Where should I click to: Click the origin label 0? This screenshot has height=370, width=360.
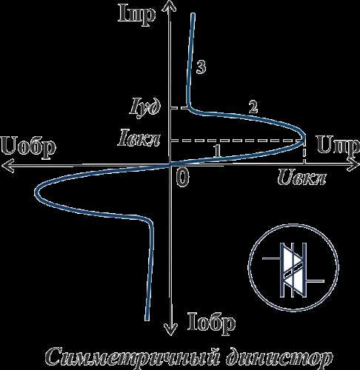click(183, 178)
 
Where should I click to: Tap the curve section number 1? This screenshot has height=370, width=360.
click(217, 150)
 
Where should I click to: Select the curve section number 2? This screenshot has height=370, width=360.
click(253, 107)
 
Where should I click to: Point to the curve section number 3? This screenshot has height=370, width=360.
click(201, 67)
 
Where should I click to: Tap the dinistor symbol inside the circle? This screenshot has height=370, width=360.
click(293, 269)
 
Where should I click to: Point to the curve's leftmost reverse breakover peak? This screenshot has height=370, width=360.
click(36, 192)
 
